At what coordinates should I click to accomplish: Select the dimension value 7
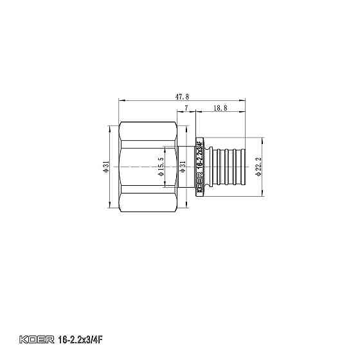click(186, 109)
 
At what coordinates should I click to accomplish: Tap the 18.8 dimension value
click(220, 109)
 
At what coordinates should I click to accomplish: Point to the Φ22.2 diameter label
click(258, 168)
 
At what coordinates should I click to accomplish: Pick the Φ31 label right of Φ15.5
click(183, 167)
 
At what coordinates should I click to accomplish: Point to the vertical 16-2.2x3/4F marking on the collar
click(200, 157)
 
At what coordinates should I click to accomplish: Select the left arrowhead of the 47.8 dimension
click(121, 100)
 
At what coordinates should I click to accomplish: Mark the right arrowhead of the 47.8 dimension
click(244, 100)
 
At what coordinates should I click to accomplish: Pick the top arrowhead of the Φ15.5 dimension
click(165, 150)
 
